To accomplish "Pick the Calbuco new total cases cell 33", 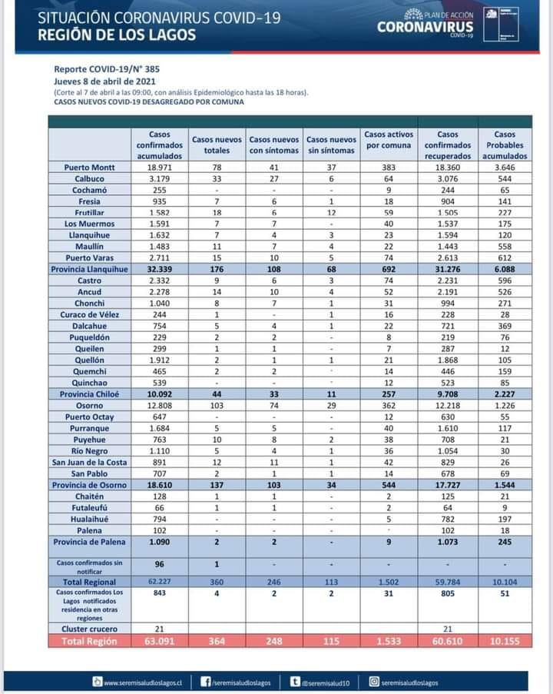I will pyautogui.click(x=217, y=178).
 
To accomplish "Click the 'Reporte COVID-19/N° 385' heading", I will pyautogui.click(x=107, y=68).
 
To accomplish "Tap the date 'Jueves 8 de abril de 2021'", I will pyautogui.click(x=105, y=80).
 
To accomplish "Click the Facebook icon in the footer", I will pyautogui.click(x=206, y=681).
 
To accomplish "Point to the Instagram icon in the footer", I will pyautogui.click(x=374, y=681).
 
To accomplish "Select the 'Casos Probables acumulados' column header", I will pyautogui.click(x=505, y=144).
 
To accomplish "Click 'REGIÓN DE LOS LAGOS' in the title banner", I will pyautogui.click(x=117, y=35).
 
